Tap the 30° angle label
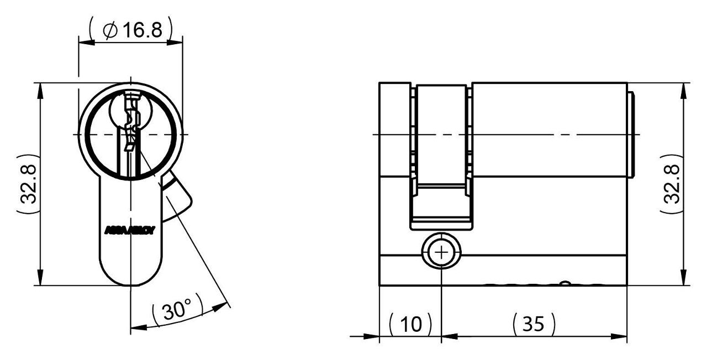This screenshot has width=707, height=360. [x=176, y=312]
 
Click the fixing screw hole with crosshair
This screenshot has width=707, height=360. [x=441, y=253]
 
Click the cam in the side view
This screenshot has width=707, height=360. [x=441, y=157]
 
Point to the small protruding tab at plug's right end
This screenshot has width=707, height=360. [x=633, y=135]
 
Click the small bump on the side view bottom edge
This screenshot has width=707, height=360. [x=564, y=284]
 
